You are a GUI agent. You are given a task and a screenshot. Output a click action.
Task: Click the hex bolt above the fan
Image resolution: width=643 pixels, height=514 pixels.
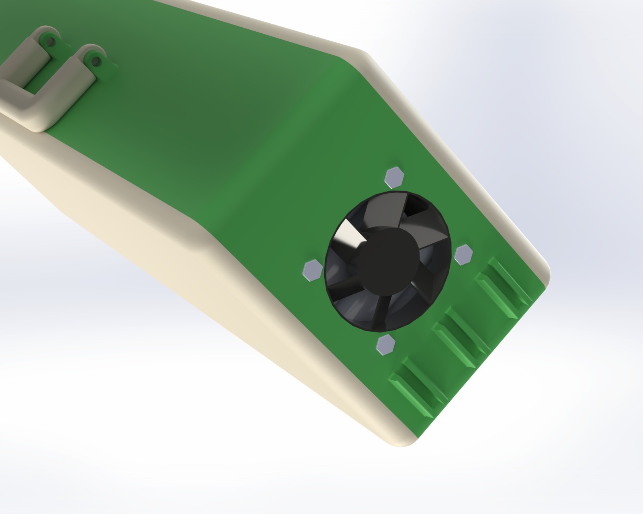[x=394, y=177]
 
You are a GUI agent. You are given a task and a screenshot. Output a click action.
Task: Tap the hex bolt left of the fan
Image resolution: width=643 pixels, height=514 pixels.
[x=312, y=270]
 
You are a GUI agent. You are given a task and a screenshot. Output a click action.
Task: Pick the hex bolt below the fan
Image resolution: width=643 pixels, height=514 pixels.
[x=385, y=345]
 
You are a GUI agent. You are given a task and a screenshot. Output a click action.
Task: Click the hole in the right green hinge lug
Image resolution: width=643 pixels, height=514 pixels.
[x=95, y=61]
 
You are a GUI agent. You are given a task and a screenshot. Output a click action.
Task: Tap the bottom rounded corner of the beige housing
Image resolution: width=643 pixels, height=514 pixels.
[x=398, y=442]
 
